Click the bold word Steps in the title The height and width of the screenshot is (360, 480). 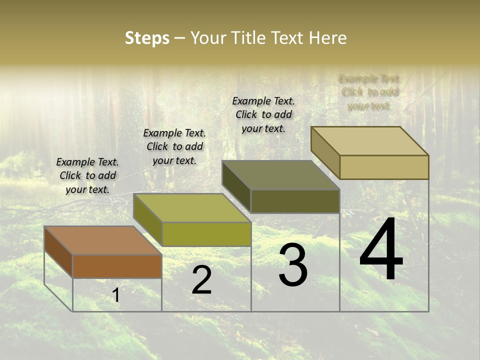pyautogui.click(x=147, y=38)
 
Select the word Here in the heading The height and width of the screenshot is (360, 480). pyautogui.click(x=327, y=38)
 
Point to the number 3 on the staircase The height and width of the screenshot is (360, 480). pyautogui.click(x=293, y=265)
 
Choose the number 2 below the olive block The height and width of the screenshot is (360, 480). pyautogui.click(x=201, y=280)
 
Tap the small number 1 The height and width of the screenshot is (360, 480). pyautogui.click(x=116, y=295)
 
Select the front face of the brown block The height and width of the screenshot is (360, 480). pyautogui.click(x=117, y=266)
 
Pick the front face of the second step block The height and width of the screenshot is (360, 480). pyautogui.click(x=206, y=234)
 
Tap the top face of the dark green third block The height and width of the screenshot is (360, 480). pyautogui.click(x=280, y=175)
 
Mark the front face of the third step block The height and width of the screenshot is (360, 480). pyautogui.click(x=295, y=201)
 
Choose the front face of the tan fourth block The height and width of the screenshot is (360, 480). pyautogui.click(x=384, y=167)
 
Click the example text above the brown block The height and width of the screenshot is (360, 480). pyautogui.click(x=87, y=175)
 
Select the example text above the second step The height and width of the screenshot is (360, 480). pyautogui.click(x=174, y=146)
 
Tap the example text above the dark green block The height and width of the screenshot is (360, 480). pyautogui.click(x=263, y=114)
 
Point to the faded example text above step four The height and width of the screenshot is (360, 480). pyautogui.click(x=369, y=92)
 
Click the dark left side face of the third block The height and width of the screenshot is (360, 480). pyautogui.click(x=236, y=186)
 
